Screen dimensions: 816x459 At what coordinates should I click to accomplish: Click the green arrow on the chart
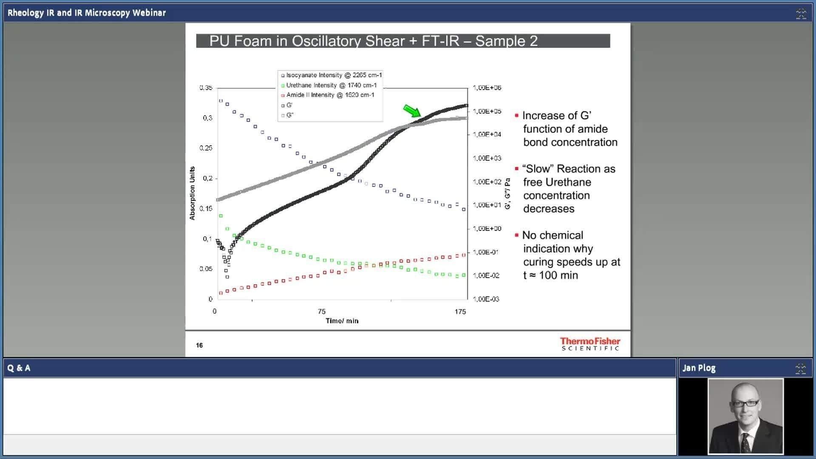[x=412, y=111]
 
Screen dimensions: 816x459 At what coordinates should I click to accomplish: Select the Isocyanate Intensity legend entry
[x=331, y=75]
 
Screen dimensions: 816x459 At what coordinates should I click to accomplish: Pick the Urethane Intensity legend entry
[x=329, y=85]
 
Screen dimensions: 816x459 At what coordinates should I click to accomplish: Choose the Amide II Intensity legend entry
[x=328, y=95]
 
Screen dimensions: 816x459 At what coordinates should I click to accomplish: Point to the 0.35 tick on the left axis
[x=206, y=88]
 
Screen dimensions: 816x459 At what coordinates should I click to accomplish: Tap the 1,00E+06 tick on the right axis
[x=487, y=88]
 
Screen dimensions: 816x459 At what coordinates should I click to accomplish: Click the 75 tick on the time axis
[x=322, y=312]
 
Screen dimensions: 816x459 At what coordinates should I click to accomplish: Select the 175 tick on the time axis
[x=460, y=312]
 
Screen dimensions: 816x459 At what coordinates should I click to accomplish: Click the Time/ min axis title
[x=342, y=321]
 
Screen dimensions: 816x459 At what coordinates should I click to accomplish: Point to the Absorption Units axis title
[x=192, y=193]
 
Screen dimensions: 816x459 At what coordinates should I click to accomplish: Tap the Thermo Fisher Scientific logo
[x=590, y=344]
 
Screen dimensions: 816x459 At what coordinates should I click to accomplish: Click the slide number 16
[x=199, y=345]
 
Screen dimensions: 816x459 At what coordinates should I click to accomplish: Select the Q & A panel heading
[x=19, y=368]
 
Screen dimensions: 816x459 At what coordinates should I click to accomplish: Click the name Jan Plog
[x=699, y=368]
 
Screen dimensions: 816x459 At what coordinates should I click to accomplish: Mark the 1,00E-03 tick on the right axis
[x=486, y=299]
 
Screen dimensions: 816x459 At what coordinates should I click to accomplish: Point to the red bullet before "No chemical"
[x=517, y=235]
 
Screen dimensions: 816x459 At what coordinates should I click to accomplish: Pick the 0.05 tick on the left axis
[x=206, y=269]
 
